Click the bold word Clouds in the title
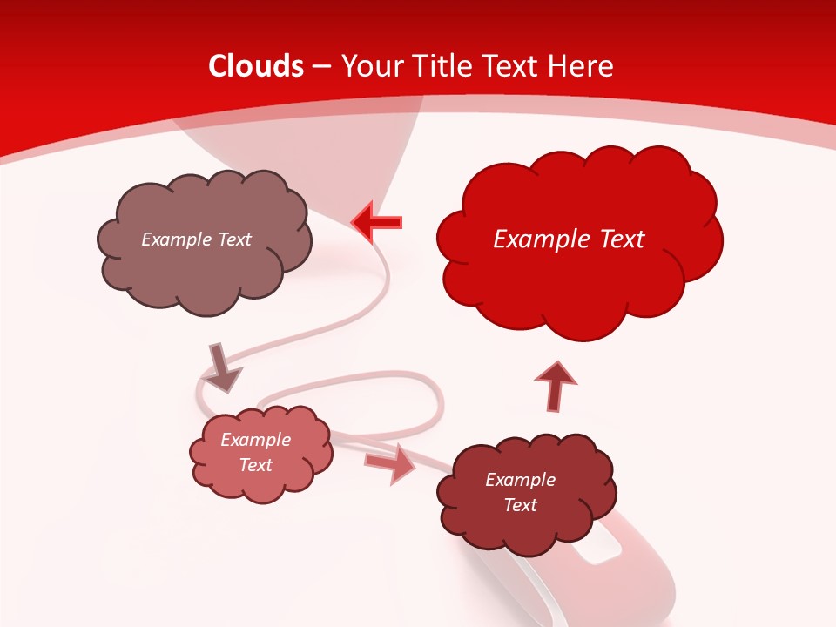click(256, 66)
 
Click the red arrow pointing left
click(377, 222)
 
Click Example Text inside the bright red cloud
click(569, 239)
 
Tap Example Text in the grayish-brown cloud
click(196, 239)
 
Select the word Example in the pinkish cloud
click(255, 440)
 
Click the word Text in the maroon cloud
click(521, 505)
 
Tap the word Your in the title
click(371, 66)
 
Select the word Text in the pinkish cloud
click(255, 465)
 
